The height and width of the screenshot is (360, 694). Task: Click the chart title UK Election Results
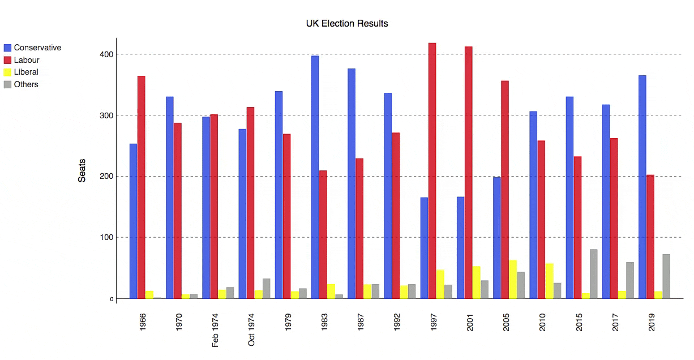click(x=346, y=23)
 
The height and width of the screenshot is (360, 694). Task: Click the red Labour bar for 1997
click(x=432, y=170)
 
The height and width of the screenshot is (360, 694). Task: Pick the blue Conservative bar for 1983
click(x=315, y=177)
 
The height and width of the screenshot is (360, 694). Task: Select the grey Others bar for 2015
click(x=593, y=274)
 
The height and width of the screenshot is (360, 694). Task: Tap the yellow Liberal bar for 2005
click(x=513, y=280)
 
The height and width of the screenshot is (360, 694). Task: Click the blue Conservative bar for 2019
click(x=642, y=187)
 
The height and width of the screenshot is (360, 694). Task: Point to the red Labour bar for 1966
click(x=141, y=187)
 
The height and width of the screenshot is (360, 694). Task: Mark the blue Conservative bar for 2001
click(x=460, y=247)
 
